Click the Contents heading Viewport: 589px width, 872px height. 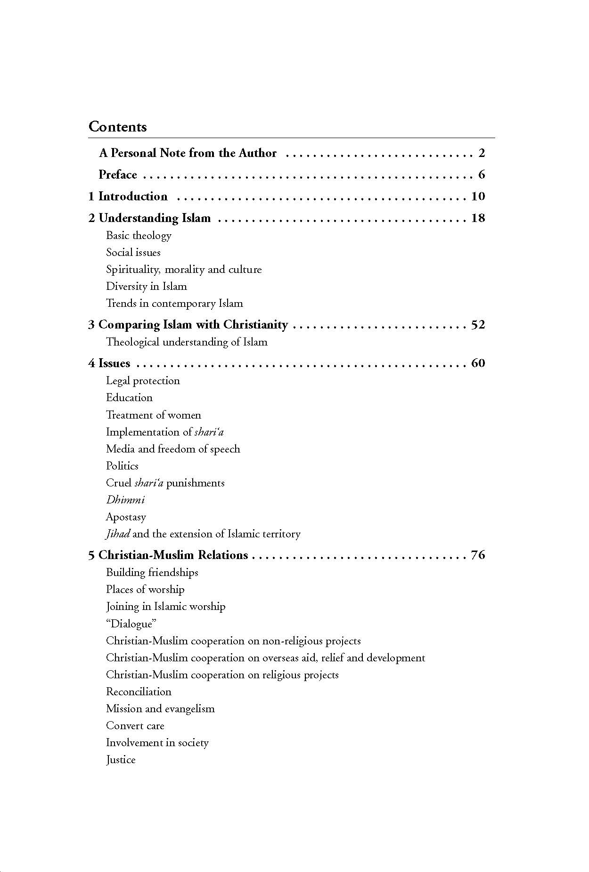click(117, 127)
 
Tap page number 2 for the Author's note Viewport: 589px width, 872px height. click(482, 153)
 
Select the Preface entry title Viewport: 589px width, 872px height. click(118, 175)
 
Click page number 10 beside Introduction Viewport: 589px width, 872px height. click(478, 197)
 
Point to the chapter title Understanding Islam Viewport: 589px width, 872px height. click(155, 218)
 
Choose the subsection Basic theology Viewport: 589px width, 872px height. click(139, 235)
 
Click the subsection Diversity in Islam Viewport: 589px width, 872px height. click(146, 286)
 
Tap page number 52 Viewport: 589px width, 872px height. click(478, 325)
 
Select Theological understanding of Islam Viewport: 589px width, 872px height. click(187, 342)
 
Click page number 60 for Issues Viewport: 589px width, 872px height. click(478, 363)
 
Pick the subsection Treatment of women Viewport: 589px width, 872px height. click(153, 415)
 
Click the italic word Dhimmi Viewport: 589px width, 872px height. click(125, 500)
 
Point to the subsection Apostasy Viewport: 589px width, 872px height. click(126, 517)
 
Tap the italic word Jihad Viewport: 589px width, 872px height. click(118, 534)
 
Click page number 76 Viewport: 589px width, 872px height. click(478, 555)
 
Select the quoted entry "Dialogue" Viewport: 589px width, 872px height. click(131, 624)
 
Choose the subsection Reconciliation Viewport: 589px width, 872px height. click(139, 691)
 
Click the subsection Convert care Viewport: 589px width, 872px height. click(135, 725)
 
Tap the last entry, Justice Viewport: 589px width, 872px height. click(121, 759)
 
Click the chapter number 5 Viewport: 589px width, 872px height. click(91, 555)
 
